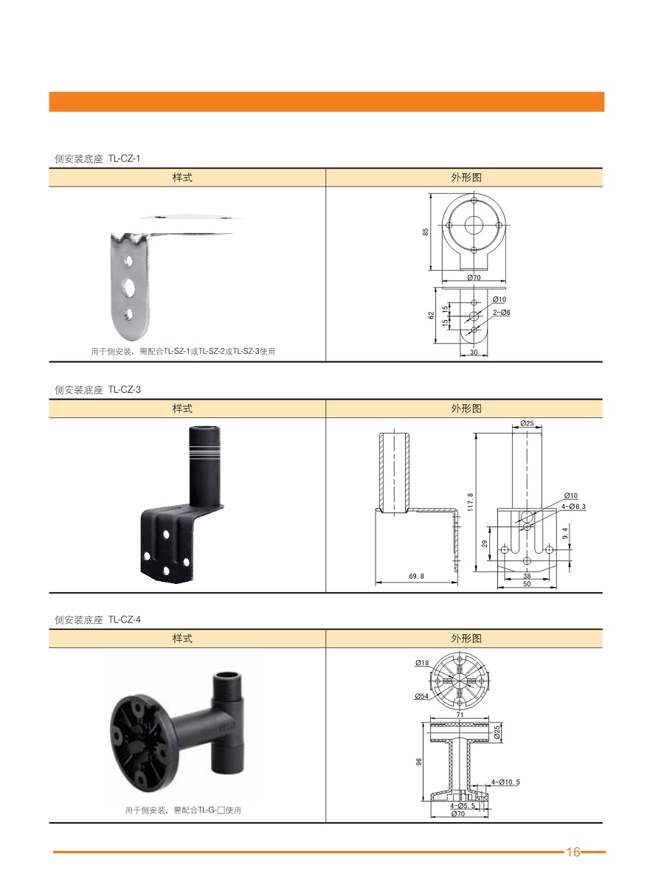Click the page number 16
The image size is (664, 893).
pyautogui.click(x=573, y=852)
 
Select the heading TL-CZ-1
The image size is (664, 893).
pyautogui.click(x=124, y=159)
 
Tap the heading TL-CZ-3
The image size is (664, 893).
pyautogui.click(x=125, y=390)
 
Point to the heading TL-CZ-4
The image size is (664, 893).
pyautogui.click(x=125, y=619)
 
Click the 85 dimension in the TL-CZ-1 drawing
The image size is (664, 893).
pyautogui.click(x=426, y=232)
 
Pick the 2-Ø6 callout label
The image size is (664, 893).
pyautogui.click(x=502, y=312)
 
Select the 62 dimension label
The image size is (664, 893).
pyautogui.click(x=432, y=316)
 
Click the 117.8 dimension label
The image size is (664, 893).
pyautogui.click(x=471, y=502)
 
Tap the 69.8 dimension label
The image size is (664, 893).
pyautogui.click(x=416, y=576)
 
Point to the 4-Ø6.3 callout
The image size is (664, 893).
pyautogui.click(x=574, y=507)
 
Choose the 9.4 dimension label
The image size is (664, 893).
pyautogui.click(x=565, y=533)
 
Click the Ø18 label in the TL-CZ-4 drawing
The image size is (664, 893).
pyautogui.click(x=422, y=663)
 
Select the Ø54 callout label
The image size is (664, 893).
pyautogui.click(x=421, y=696)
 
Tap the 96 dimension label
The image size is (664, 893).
pyautogui.click(x=419, y=762)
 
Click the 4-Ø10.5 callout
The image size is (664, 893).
pyautogui.click(x=505, y=782)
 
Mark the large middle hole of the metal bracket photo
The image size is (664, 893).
pyautogui.click(x=129, y=286)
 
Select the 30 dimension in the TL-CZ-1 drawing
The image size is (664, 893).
pyautogui.click(x=474, y=352)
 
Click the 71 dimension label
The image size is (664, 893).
pyautogui.click(x=460, y=715)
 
